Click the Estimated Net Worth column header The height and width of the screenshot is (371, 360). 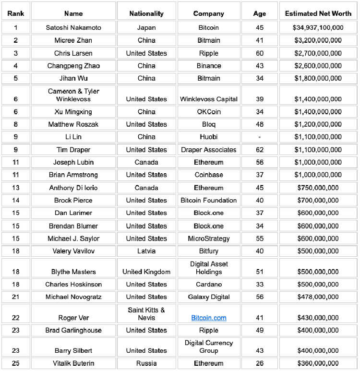[318, 13]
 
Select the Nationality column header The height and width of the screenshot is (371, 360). [146, 13]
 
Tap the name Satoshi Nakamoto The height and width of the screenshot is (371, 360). [73, 28]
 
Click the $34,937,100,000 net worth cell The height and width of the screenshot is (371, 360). [318, 28]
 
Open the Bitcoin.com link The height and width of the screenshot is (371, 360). [209, 318]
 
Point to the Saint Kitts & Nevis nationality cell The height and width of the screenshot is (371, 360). [146, 314]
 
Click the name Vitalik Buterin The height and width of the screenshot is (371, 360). [73, 363]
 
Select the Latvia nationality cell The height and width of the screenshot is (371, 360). [146, 251]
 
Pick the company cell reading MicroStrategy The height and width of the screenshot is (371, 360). [209, 239]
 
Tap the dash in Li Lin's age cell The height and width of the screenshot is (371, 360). [260, 137]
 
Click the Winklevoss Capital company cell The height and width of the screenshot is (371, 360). [209, 99]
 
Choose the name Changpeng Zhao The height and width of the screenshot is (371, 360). [73, 66]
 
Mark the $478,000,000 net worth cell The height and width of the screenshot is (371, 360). [318, 297]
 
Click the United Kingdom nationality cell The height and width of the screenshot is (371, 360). [146, 272]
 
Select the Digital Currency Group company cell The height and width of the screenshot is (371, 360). [209, 347]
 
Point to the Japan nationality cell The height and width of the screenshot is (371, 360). [146, 28]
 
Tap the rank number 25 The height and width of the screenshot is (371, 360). [15, 363]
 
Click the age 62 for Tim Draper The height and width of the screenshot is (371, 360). [260, 150]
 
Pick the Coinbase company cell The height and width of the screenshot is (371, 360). [209, 175]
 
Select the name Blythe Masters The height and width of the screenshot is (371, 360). [73, 272]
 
